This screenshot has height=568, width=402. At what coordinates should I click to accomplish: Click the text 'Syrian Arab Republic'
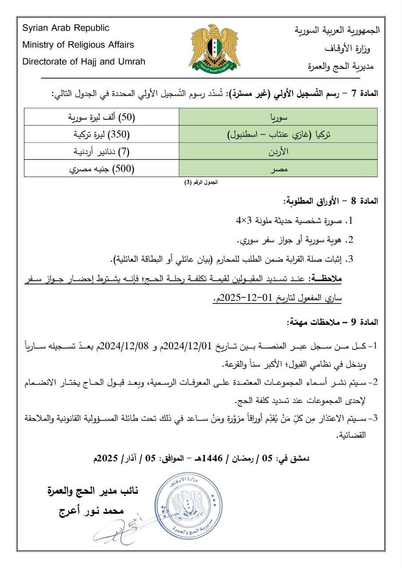click(66, 28)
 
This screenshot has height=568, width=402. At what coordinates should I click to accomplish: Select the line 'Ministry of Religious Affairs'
click(78, 45)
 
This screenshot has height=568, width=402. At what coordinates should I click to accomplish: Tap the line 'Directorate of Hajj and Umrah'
click(84, 62)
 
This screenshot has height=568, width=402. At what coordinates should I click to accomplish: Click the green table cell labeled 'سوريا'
click(279, 118)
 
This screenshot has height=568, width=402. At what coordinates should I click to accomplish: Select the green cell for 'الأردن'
click(279, 152)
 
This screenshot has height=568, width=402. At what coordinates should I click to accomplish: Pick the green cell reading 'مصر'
click(279, 169)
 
